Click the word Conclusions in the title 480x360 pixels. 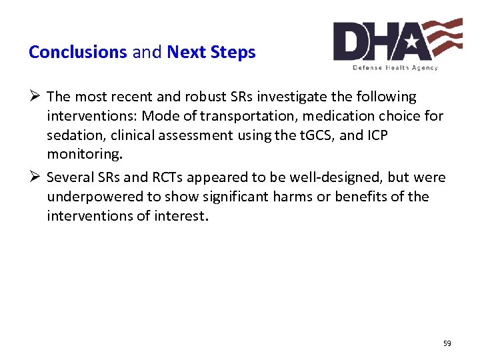tap(77, 52)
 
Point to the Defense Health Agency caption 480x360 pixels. tap(395, 67)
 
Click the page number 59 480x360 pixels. tap(447, 343)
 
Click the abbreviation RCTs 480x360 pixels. tap(155, 177)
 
